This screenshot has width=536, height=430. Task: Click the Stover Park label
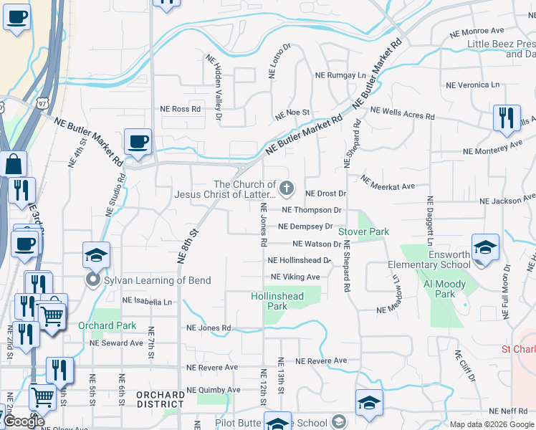click(x=363, y=232)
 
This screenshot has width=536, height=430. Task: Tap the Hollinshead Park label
click(x=277, y=301)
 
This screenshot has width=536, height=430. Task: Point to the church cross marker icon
click(x=287, y=189)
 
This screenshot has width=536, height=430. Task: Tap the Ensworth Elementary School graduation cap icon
click(x=485, y=247)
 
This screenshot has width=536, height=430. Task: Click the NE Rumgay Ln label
click(x=341, y=75)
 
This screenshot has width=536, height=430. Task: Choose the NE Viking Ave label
click(x=295, y=277)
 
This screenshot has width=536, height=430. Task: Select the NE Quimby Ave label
click(x=214, y=391)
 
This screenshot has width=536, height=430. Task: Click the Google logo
click(x=24, y=421)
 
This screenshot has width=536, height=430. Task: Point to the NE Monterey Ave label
click(x=493, y=148)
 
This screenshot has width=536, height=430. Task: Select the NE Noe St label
click(x=292, y=113)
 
